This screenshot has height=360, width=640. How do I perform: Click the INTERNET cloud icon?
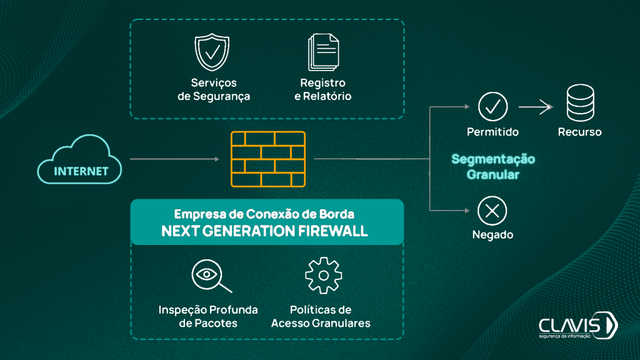pyautogui.click(x=81, y=161)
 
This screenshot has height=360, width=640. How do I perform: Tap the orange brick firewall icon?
pyautogui.click(x=268, y=159)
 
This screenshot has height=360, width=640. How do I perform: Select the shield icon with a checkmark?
pyautogui.click(x=212, y=54)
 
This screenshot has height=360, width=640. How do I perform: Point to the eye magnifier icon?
pyautogui.click(x=209, y=276)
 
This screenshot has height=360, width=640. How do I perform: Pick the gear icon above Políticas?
pyautogui.click(x=323, y=275)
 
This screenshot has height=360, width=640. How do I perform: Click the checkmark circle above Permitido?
pyautogui.click(x=492, y=107)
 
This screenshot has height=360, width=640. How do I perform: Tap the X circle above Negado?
pyautogui.click(x=492, y=211)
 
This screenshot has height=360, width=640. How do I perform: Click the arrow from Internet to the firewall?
pyautogui.click(x=174, y=159)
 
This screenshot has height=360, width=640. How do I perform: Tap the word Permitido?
pyautogui.click(x=492, y=132)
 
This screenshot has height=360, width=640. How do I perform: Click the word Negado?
pyautogui.click(x=492, y=235)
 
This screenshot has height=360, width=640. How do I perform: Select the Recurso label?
pyautogui.click(x=580, y=132)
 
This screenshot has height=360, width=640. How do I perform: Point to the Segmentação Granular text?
pyautogui.click(x=493, y=167)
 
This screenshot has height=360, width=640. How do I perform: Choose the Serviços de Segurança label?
pyautogui.click(x=214, y=90)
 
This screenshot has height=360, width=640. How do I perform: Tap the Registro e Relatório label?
pyautogui.click(x=322, y=90)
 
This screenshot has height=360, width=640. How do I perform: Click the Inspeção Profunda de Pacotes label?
pyautogui.click(x=208, y=317)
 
